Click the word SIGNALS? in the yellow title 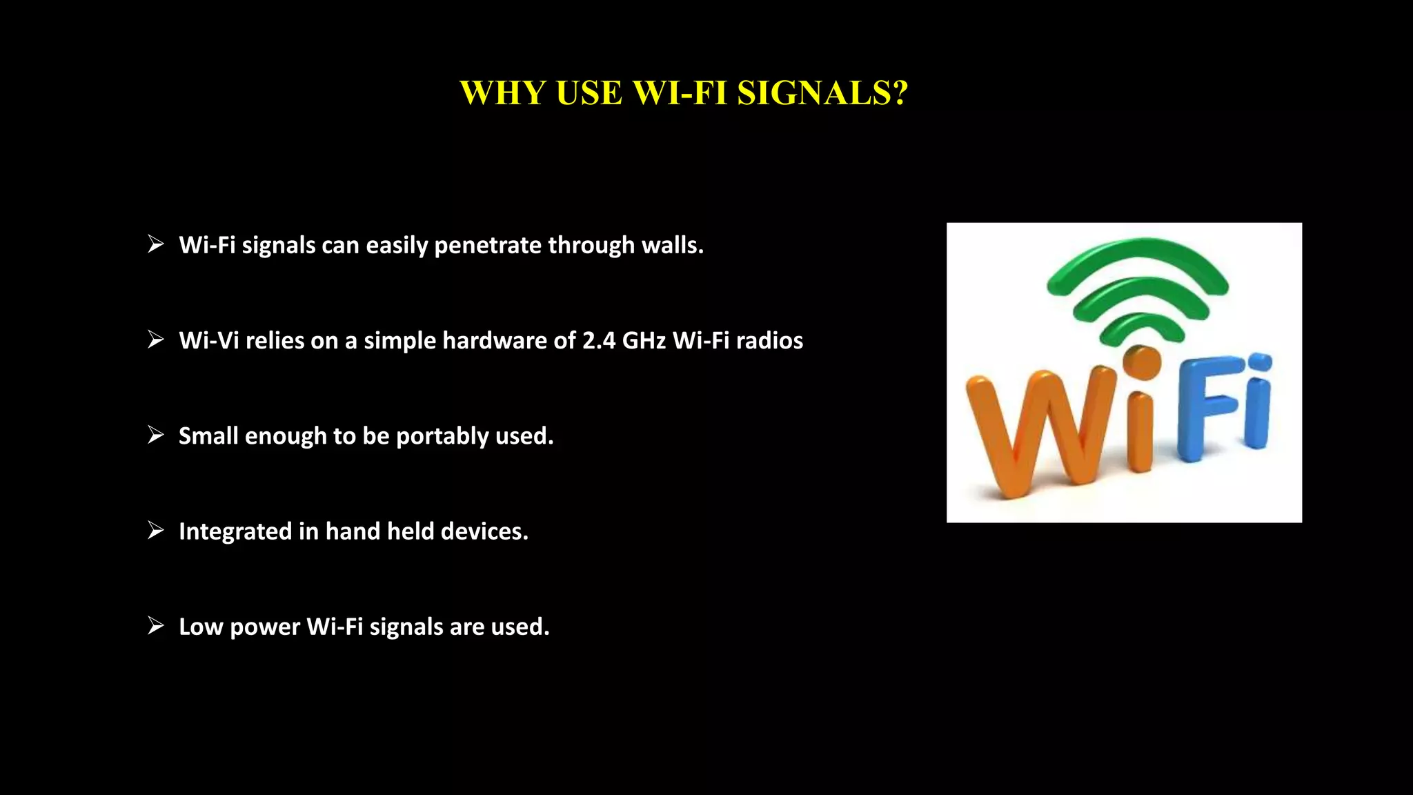pyautogui.click(x=822, y=93)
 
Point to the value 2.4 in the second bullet pyautogui.click(x=598, y=340)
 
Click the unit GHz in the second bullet pyautogui.click(x=644, y=340)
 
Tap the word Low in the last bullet pyautogui.click(x=201, y=627)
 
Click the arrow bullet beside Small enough pyautogui.click(x=156, y=435)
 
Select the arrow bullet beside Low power pyautogui.click(x=156, y=625)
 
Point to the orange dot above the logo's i pyautogui.click(x=1142, y=362)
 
